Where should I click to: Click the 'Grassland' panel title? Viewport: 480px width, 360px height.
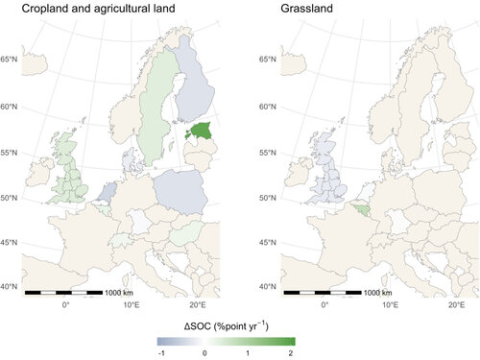[x=308, y=11]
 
